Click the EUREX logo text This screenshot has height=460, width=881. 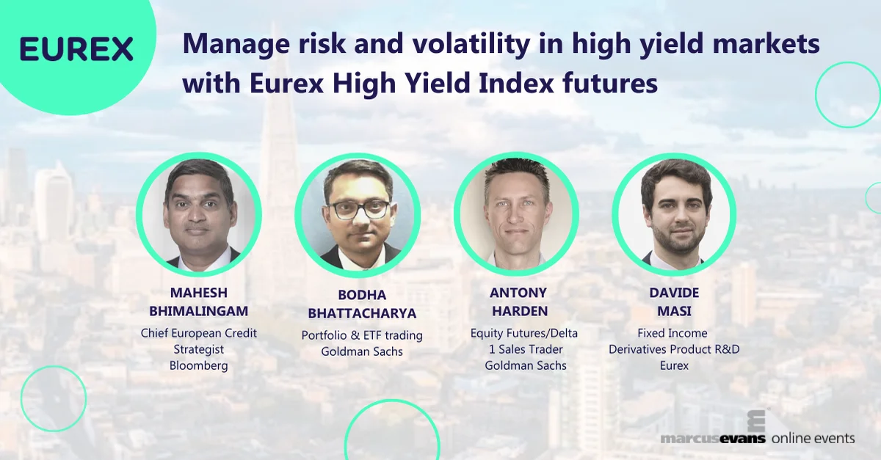pyautogui.click(x=76, y=48)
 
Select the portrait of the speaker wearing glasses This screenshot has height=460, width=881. pyautogui.click(x=358, y=215)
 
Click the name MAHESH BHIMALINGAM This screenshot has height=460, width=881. pyautogui.click(x=199, y=302)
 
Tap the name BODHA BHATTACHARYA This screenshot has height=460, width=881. pyautogui.click(x=362, y=304)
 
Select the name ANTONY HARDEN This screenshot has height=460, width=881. pyautogui.click(x=518, y=302)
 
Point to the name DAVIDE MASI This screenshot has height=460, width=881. pyautogui.click(x=674, y=302)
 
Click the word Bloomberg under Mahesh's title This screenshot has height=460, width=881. pyautogui.click(x=199, y=365)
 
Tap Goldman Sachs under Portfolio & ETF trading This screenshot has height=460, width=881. pyautogui.click(x=362, y=351)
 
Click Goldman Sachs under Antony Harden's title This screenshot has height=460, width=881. pyautogui.click(x=526, y=365)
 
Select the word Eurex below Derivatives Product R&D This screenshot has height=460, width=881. pyautogui.click(x=674, y=365)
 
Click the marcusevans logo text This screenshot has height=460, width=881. pyautogui.click(x=712, y=439)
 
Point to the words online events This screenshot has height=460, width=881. pyautogui.click(x=813, y=438)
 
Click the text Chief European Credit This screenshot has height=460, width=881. pyautogui.click(x=199, y=333)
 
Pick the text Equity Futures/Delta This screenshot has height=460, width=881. pyautogui.click(x=524, y=333)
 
